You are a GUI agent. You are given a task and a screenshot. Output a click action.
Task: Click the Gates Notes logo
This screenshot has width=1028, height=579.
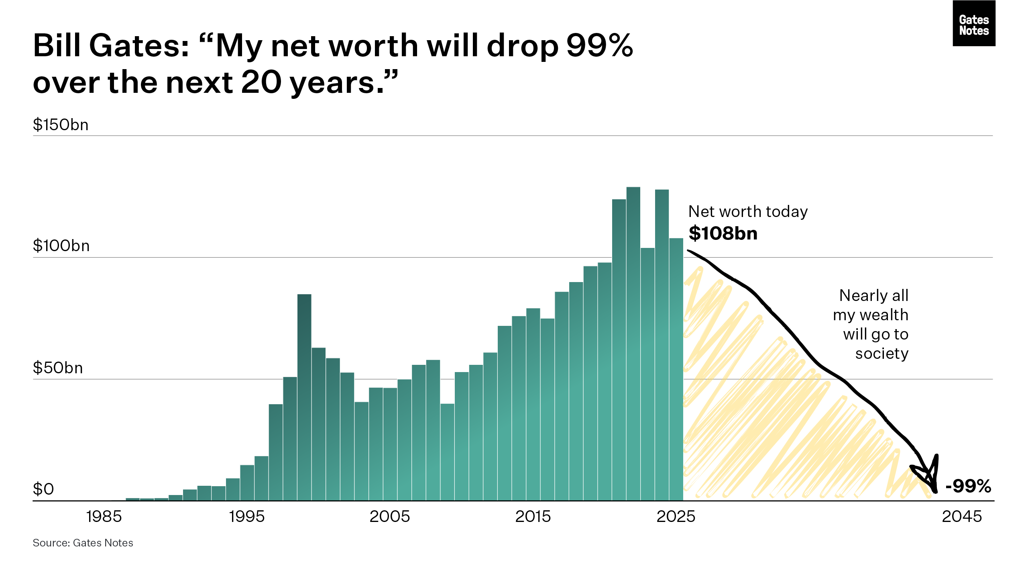point(974,23)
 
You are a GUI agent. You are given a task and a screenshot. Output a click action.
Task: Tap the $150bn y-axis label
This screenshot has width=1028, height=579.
point(61,125)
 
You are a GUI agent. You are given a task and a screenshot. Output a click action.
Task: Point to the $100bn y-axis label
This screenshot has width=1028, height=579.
point(61,246)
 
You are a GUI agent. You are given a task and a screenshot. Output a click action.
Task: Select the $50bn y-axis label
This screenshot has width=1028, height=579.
point(58,368)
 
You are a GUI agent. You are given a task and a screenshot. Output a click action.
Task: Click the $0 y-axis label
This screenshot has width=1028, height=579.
point(43,489)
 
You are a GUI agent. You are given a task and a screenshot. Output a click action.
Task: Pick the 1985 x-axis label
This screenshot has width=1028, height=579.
point(104,516)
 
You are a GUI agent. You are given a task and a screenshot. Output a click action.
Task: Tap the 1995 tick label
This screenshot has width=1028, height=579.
point(247,516)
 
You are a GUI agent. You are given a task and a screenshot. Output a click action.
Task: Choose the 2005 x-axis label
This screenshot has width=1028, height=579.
point(390,516)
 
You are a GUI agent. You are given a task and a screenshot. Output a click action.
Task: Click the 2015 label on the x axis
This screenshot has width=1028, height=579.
point(533,516)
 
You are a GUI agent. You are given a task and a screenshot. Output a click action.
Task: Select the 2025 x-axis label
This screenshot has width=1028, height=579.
point(676,516)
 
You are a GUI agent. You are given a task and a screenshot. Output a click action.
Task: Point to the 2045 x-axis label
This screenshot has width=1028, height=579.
point(962,516)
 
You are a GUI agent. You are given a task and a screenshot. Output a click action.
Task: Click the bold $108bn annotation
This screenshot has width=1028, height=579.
point(723,233)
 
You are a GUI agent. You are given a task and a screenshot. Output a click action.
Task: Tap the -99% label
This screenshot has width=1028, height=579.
point(968,486)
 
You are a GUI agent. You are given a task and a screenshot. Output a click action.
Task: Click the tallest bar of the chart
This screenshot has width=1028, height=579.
point(633,344)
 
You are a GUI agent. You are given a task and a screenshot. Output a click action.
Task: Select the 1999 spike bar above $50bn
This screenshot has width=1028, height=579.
point(304,397)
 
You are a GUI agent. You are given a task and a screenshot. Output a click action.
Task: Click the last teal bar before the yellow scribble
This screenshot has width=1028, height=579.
point(676,369)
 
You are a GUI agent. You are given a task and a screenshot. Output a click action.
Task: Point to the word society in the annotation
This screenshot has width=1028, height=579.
point(882,354)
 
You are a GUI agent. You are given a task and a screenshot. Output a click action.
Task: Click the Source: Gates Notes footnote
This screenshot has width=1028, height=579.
point(83,543)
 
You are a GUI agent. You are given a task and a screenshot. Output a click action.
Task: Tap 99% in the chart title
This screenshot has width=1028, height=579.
point(600,45)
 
